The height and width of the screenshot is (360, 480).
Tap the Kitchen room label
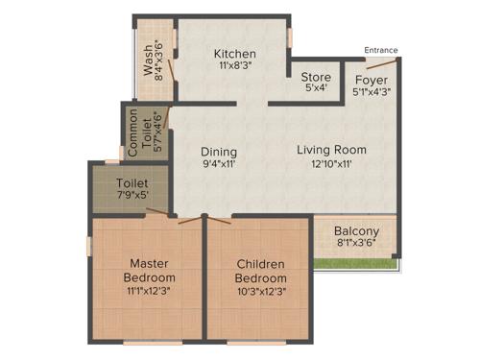coord(234,54)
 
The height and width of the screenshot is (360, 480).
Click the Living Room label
coord(331,150)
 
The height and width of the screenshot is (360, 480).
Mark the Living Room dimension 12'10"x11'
coord(331,164)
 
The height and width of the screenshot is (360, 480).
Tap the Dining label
coord(219,152)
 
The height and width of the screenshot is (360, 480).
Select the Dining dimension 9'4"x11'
coord(219,165)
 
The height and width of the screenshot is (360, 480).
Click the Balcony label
coord(356,231)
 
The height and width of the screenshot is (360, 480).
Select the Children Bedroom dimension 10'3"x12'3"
coord(261,291)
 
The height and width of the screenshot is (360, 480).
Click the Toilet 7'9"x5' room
coord(132,188)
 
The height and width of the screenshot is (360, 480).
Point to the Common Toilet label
coord(141,132)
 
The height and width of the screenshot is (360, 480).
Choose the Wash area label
coord(149,60)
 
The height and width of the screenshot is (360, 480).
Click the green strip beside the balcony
coord(356,261)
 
